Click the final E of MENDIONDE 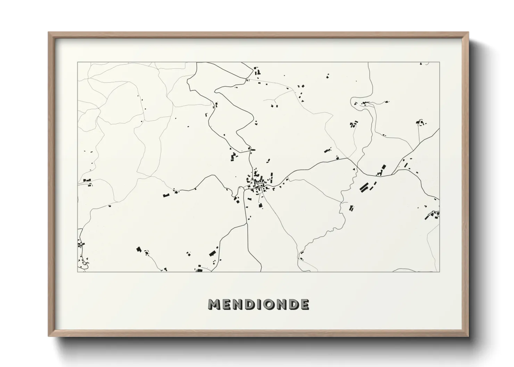(305, 305)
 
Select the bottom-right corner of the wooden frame (468, 336)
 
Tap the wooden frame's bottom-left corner (49, 336)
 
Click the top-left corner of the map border (77, 62)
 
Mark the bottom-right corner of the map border (439, 272)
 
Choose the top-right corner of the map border (439, 62)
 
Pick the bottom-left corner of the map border (77, 272)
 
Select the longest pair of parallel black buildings (364, 187)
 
